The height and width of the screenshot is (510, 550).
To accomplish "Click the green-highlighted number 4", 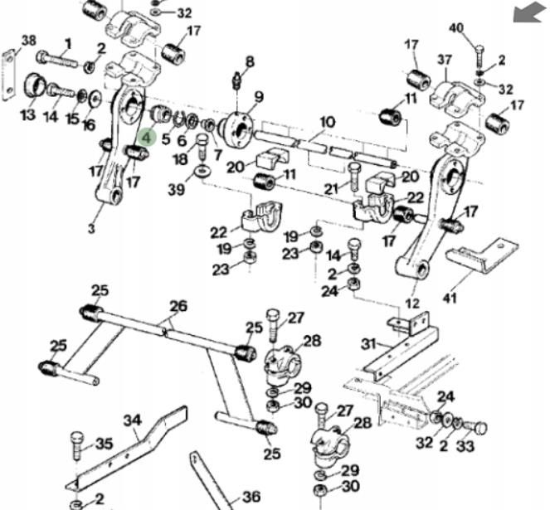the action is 147,137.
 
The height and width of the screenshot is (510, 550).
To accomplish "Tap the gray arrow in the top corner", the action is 531,12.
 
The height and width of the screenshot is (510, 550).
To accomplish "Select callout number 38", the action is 29,41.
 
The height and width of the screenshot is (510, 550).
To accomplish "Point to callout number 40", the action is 456,27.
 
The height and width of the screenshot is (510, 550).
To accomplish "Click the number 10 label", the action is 327,123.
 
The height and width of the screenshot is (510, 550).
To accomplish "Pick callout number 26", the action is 178,306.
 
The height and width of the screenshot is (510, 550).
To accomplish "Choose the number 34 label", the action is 133,420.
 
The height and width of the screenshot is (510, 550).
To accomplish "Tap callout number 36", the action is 251,497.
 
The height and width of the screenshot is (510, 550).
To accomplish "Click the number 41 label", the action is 450,299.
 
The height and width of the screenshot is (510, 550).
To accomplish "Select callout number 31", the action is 368,344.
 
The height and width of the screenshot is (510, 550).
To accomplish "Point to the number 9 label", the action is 259,97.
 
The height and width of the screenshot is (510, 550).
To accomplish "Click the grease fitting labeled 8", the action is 237,80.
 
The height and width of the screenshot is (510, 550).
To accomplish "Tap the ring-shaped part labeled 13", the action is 34,85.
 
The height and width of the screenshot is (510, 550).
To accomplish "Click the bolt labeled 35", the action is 77,445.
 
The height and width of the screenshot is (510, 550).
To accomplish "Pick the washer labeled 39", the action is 203,171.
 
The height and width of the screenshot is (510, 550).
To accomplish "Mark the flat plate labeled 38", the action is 9,75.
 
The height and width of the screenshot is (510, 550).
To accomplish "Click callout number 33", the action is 465,446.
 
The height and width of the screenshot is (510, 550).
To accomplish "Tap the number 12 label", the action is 411,303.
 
